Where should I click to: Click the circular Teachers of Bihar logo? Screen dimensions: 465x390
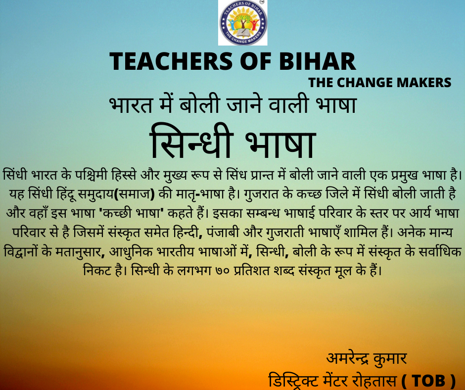coord(243,23)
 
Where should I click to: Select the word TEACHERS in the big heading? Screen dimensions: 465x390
coord(171,61)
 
